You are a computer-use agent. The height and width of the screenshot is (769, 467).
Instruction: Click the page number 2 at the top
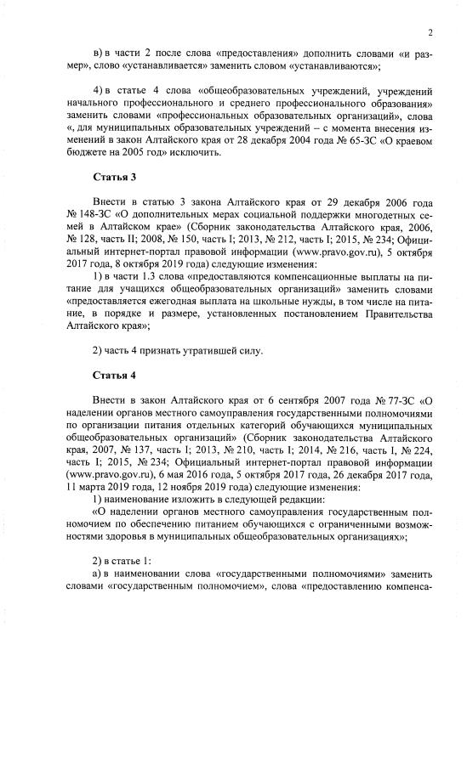coord(431,32)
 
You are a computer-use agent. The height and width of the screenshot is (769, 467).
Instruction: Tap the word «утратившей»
coord(192,349)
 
